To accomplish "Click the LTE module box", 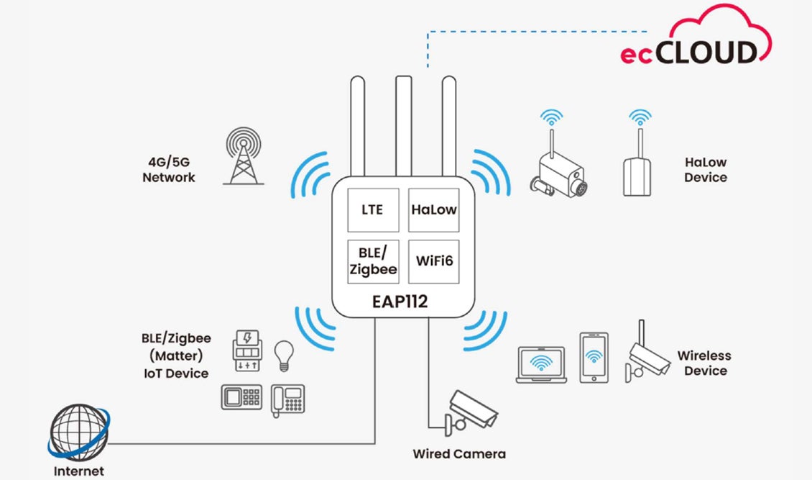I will coord(372,209).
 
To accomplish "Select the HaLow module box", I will coord(434,209).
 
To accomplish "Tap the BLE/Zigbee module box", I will coord(373,261).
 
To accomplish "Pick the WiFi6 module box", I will coord(434,261).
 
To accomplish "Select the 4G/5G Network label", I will coord(169,170).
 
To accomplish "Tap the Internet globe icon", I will coord(78,433).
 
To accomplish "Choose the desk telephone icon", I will coord(287,400).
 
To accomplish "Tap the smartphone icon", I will coord(594,358).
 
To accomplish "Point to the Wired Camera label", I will coord(459,454).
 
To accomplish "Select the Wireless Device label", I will coord(704,363).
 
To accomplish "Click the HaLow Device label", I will coord(705,170).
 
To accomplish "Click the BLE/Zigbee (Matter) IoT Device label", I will coord(175,355).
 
